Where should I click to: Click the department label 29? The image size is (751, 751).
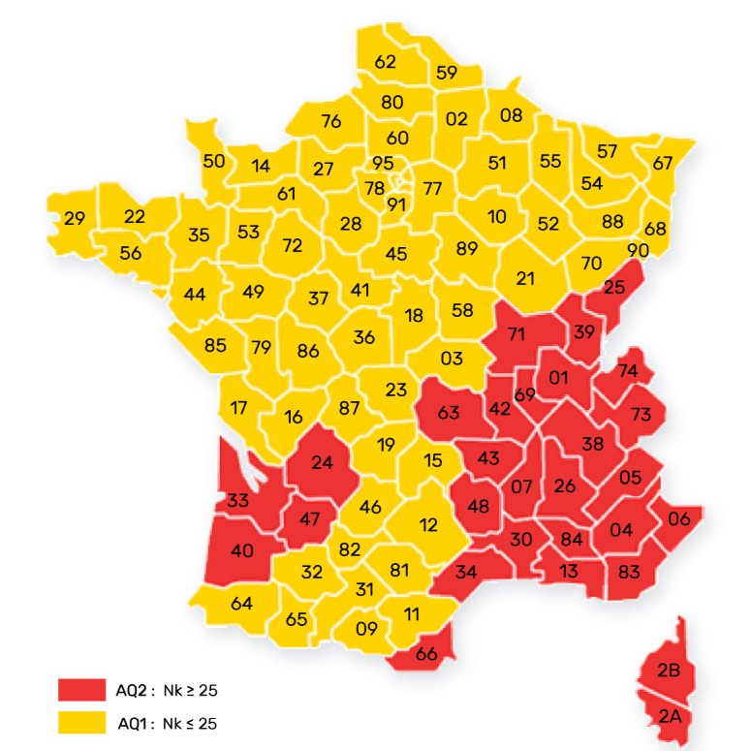[x=75, y=219]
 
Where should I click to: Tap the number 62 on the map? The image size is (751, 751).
[x=386, y=62]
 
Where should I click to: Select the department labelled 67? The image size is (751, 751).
[x=662, y=163]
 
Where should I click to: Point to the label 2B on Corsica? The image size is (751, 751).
[x=668, y=671]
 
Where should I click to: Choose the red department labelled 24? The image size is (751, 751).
[x=322, y=462]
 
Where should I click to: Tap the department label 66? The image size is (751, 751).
[x=426, y=653]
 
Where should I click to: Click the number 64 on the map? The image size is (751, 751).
[x=241, y=603]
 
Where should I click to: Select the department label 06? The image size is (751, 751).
[x=679, y=518]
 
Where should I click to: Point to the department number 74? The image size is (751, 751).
[x=628, y=371]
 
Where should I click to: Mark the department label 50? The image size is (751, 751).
[x=214, y=161]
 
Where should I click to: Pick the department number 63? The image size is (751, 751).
[x=449, y=412]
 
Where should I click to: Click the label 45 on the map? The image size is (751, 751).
[x=396, y=254]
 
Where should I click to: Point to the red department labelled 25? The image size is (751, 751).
[x=614, y=288]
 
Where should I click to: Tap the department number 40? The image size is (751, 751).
[x=241, y=552]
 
